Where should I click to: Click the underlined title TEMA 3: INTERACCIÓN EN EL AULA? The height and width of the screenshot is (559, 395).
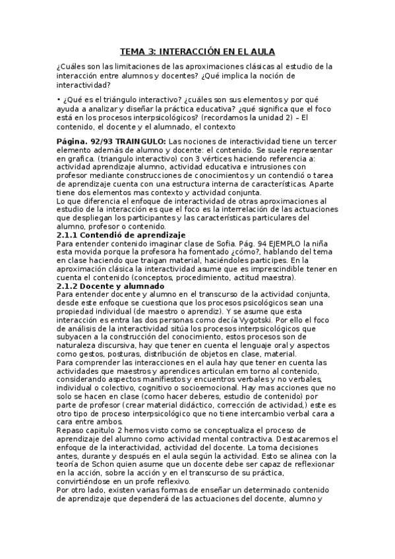[197, 51]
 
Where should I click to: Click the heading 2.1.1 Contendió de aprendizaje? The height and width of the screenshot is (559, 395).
[121, 235]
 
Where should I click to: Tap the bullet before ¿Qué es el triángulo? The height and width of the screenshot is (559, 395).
[59, 99]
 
